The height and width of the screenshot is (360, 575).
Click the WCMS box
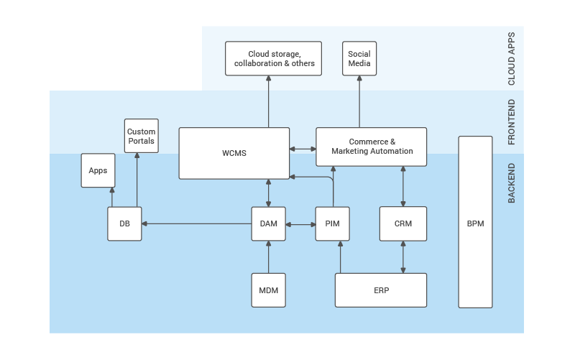click(x=234, y=153)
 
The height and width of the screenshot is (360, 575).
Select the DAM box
click(x=268, y=223)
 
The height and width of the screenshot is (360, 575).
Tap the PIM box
click(x=332, y=223)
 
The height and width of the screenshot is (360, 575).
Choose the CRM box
click(x=403, y=223)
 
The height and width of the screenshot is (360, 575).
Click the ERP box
click(x=381, y=290)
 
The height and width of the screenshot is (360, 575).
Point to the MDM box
click(x=268, y=290)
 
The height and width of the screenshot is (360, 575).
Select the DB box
click(x=124, y=223)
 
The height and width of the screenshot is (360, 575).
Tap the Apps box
click(x=98, y=170)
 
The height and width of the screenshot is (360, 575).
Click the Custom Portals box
click(x=141, y=136)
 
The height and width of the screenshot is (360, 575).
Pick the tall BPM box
click(x=475, y=223)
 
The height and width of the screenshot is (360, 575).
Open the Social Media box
click(x=359, y=58)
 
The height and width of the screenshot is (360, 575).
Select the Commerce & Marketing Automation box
click(x=372, y=146)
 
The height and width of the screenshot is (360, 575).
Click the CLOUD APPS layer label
click(x=512, y=59)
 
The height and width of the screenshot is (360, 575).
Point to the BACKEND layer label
click(x=512, y=183)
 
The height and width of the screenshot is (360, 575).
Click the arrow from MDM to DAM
click(x=268, y=257)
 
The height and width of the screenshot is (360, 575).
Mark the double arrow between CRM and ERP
click(x=403, y=257)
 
